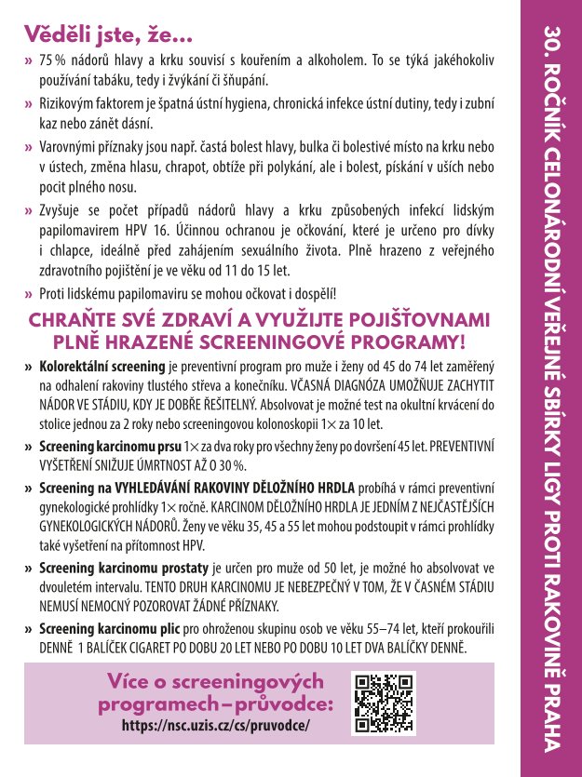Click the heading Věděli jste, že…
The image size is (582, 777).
tap(108, 37)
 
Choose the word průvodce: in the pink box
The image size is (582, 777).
tap(279, 703)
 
